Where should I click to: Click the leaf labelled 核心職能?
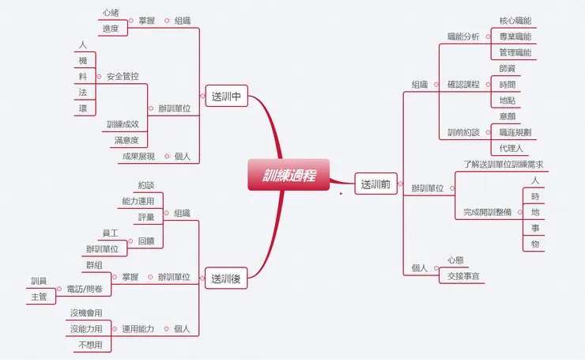(x=515, y=20)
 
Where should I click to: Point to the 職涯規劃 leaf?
(x=515, y=132)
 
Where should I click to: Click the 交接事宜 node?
(x=463, y=276)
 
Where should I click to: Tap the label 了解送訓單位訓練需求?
(x=503, y=165)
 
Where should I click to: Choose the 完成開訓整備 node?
(x=488, y=212)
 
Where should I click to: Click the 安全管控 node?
(x=123, y=77)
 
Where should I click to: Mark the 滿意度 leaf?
(x=126, y=140)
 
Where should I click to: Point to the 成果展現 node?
(x=138, y=157)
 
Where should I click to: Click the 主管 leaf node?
(x=39, y=297)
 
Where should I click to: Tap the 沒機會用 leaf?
(x=86, y=313)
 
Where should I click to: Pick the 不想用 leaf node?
(x=90, y=345)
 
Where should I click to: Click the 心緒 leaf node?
(x=110, y=13)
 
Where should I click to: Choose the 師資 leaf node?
(x=506, y=68)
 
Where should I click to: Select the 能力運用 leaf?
(x=138, y=201)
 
